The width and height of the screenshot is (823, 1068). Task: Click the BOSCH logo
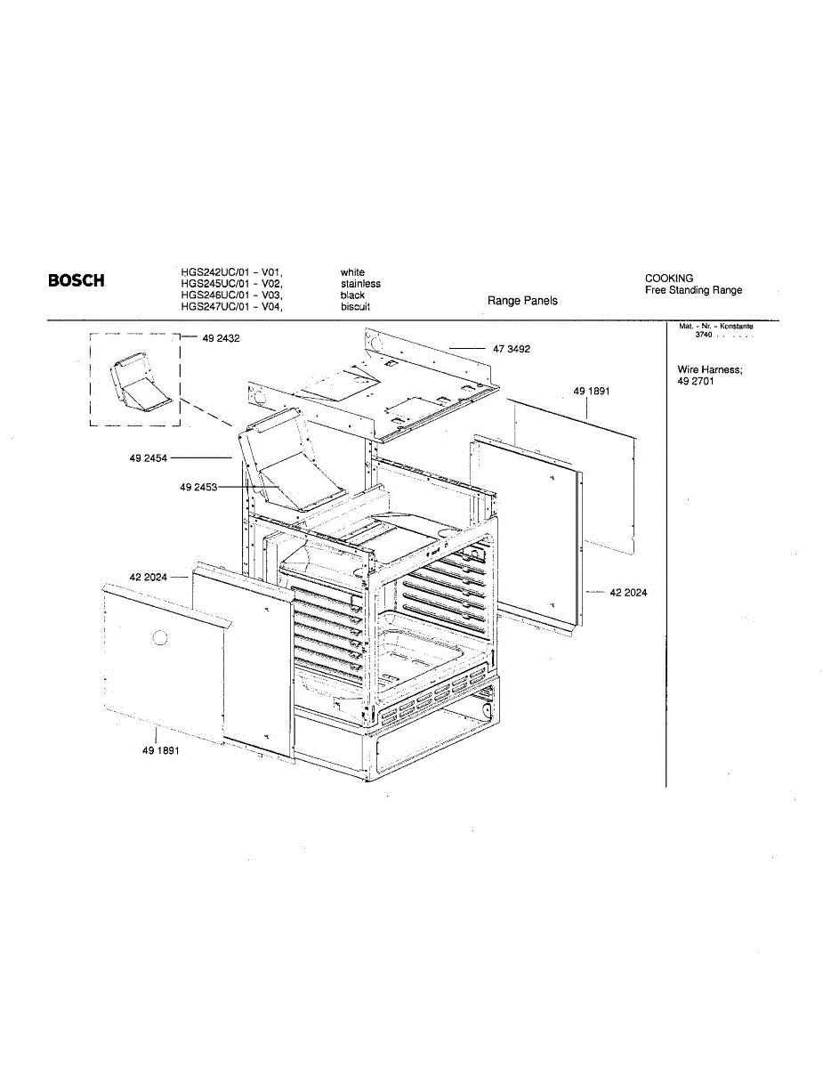tap(76, 281)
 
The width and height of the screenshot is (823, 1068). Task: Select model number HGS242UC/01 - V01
tap(232, 272)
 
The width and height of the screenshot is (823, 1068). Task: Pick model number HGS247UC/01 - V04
tap(232, 306)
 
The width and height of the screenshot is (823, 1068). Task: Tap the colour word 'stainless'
tap(360, 284)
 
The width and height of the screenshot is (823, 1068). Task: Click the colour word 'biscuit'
tap(355, 306)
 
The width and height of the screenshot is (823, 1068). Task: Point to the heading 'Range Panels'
tap(522, 301)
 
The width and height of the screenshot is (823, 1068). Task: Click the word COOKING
tap(669, 279)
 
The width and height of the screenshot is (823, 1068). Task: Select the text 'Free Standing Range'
tap(693, 290)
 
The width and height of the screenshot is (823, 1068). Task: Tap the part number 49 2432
tap(222, 338)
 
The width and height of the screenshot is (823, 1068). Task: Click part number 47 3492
tap(512, 349)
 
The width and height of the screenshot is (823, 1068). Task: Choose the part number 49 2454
tap(148, 457)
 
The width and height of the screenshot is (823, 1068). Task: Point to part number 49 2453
tap(198, 487)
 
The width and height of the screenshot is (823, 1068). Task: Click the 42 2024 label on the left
tap(148, 578)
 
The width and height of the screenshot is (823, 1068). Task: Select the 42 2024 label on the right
tap(628, 592)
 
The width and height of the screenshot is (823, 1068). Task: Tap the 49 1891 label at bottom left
tap(160, 750)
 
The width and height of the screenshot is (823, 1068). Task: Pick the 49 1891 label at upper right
tap(592, 391)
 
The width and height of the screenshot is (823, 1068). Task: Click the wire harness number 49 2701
tap(696, 381)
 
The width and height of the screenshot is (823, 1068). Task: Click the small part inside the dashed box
tap(137, 383)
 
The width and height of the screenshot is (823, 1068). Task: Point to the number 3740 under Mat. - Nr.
tap(704, 335)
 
